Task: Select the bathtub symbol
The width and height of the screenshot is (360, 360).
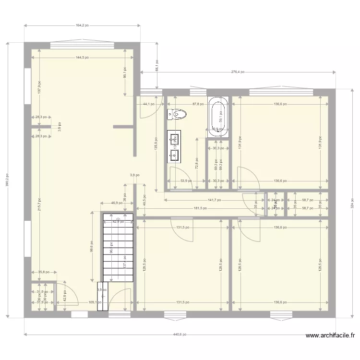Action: pyautogui.click(x=218, y=114)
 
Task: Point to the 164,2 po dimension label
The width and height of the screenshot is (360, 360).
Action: pyautogui.click(x=83, y=26)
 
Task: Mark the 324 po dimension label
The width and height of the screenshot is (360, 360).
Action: pyautogui.click(x=352, y=203)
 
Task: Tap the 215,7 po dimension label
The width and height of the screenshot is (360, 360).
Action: pyautogui.click(x=39, y=204)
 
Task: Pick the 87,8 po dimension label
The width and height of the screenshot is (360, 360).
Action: pyautogui.click(x=199, y=104)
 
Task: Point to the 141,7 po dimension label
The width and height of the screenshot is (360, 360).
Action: pyautogui.click(x=214, y=200)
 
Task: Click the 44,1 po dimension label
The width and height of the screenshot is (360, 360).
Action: pyautogui.click(x=148, y=104)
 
